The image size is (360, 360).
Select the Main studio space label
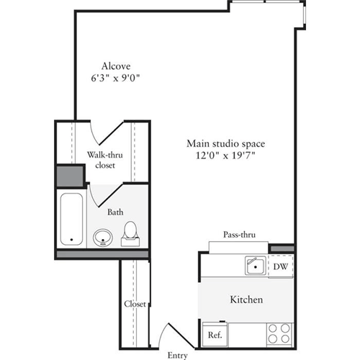click(222, 142)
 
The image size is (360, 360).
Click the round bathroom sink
click(103, 236)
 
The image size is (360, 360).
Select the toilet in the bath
click(130, 233)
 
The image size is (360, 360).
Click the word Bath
click(115, 212)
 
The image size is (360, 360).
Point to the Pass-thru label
click(238, 235)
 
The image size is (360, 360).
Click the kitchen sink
click(254, 266)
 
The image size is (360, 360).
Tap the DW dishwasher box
click(281, 266)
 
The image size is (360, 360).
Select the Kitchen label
click(246, 300)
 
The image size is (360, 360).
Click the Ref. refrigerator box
click(214, 334)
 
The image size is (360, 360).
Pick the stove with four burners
click(280, 333)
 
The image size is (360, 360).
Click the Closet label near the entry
click(135, 304)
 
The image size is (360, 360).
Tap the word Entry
click(177, 355)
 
